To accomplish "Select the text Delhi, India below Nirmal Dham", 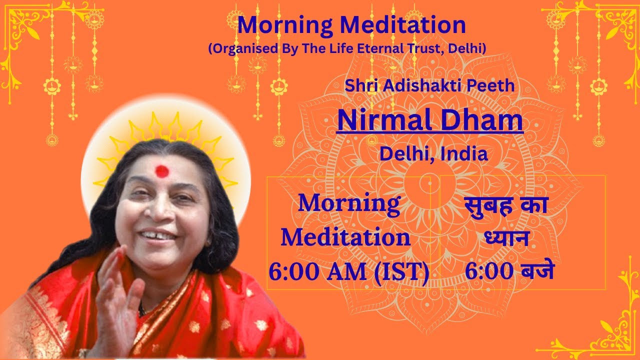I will (433, 153).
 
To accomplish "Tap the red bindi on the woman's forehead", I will (162, 172).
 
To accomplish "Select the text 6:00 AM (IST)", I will (349, 273).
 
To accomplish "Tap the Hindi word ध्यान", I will (506, 239).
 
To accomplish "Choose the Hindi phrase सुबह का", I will (506, 205).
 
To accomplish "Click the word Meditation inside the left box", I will (345, 238).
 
